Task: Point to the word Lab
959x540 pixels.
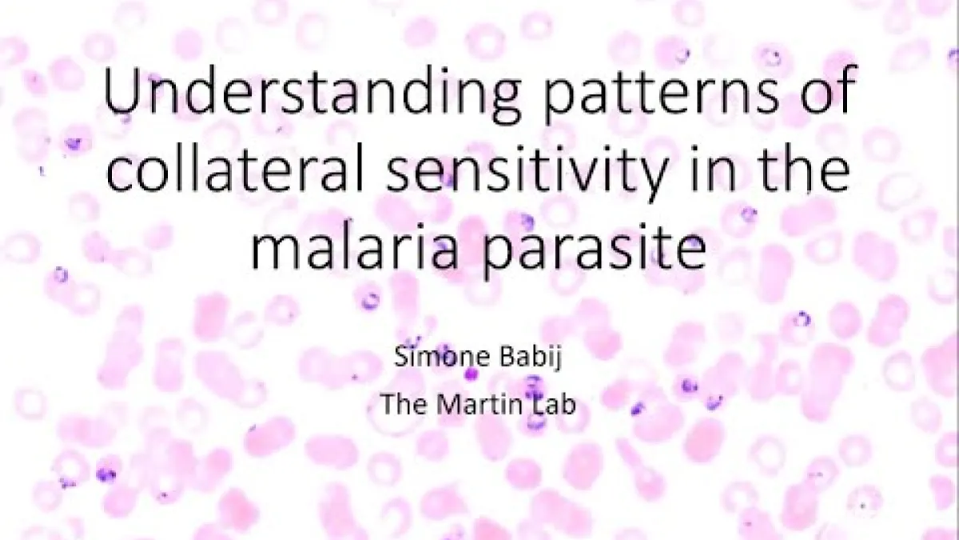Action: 555,404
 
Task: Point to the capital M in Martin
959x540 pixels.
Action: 448,404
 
